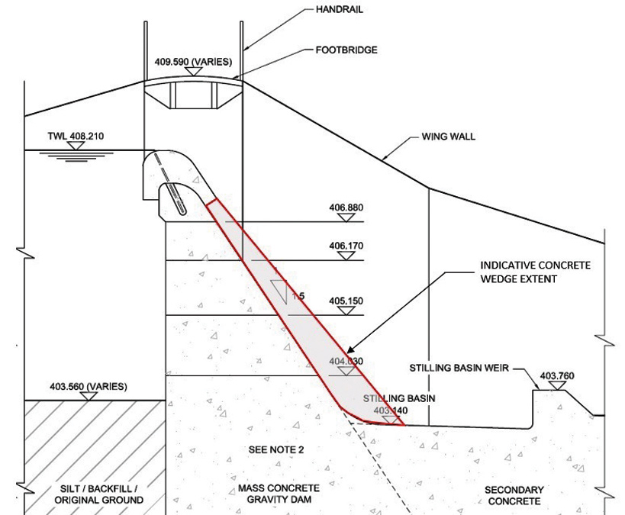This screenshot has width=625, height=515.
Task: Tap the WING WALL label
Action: pos(448,138)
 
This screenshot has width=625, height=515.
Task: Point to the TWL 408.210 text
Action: pos(71,137)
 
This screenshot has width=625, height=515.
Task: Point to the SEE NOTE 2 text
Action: pos(276,450)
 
